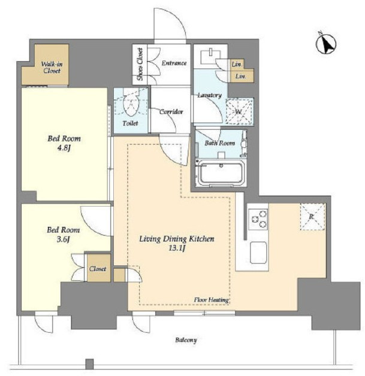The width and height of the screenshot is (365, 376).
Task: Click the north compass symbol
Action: (x=326, y=44)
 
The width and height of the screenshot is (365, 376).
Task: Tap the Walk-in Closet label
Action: (x=52, y=68)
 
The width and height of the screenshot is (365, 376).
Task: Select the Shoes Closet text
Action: (x=140, y=64)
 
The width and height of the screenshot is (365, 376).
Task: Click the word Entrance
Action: (x=174, y=63)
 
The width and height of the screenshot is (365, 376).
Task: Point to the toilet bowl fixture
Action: (x=131, y=102)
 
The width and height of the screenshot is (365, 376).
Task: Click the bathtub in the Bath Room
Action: (x=221, y=172)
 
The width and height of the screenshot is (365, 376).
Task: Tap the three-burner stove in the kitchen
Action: (x=258, y=219)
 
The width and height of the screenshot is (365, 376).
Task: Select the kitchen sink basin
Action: (x=258, y=253)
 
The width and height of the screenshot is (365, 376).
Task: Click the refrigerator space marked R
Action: (x=312, y=217)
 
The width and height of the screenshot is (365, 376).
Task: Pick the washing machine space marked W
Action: (x=240, y=111)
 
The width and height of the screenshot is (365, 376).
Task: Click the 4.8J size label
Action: (x=64, y=148)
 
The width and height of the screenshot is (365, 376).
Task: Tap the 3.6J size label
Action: (x=63, y=239)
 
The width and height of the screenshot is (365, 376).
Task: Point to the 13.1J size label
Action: (x=177, y=248)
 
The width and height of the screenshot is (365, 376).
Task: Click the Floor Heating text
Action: (x=211, y=300)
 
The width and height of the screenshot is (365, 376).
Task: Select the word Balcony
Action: (x=186, y=340)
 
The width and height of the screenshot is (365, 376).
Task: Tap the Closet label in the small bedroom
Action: (x=98, y=269)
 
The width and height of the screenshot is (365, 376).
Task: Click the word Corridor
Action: (x=171, y=112)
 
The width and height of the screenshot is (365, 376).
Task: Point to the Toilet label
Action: (x=130, y=123)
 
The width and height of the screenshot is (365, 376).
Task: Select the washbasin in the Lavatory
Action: (x=210, y=56)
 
